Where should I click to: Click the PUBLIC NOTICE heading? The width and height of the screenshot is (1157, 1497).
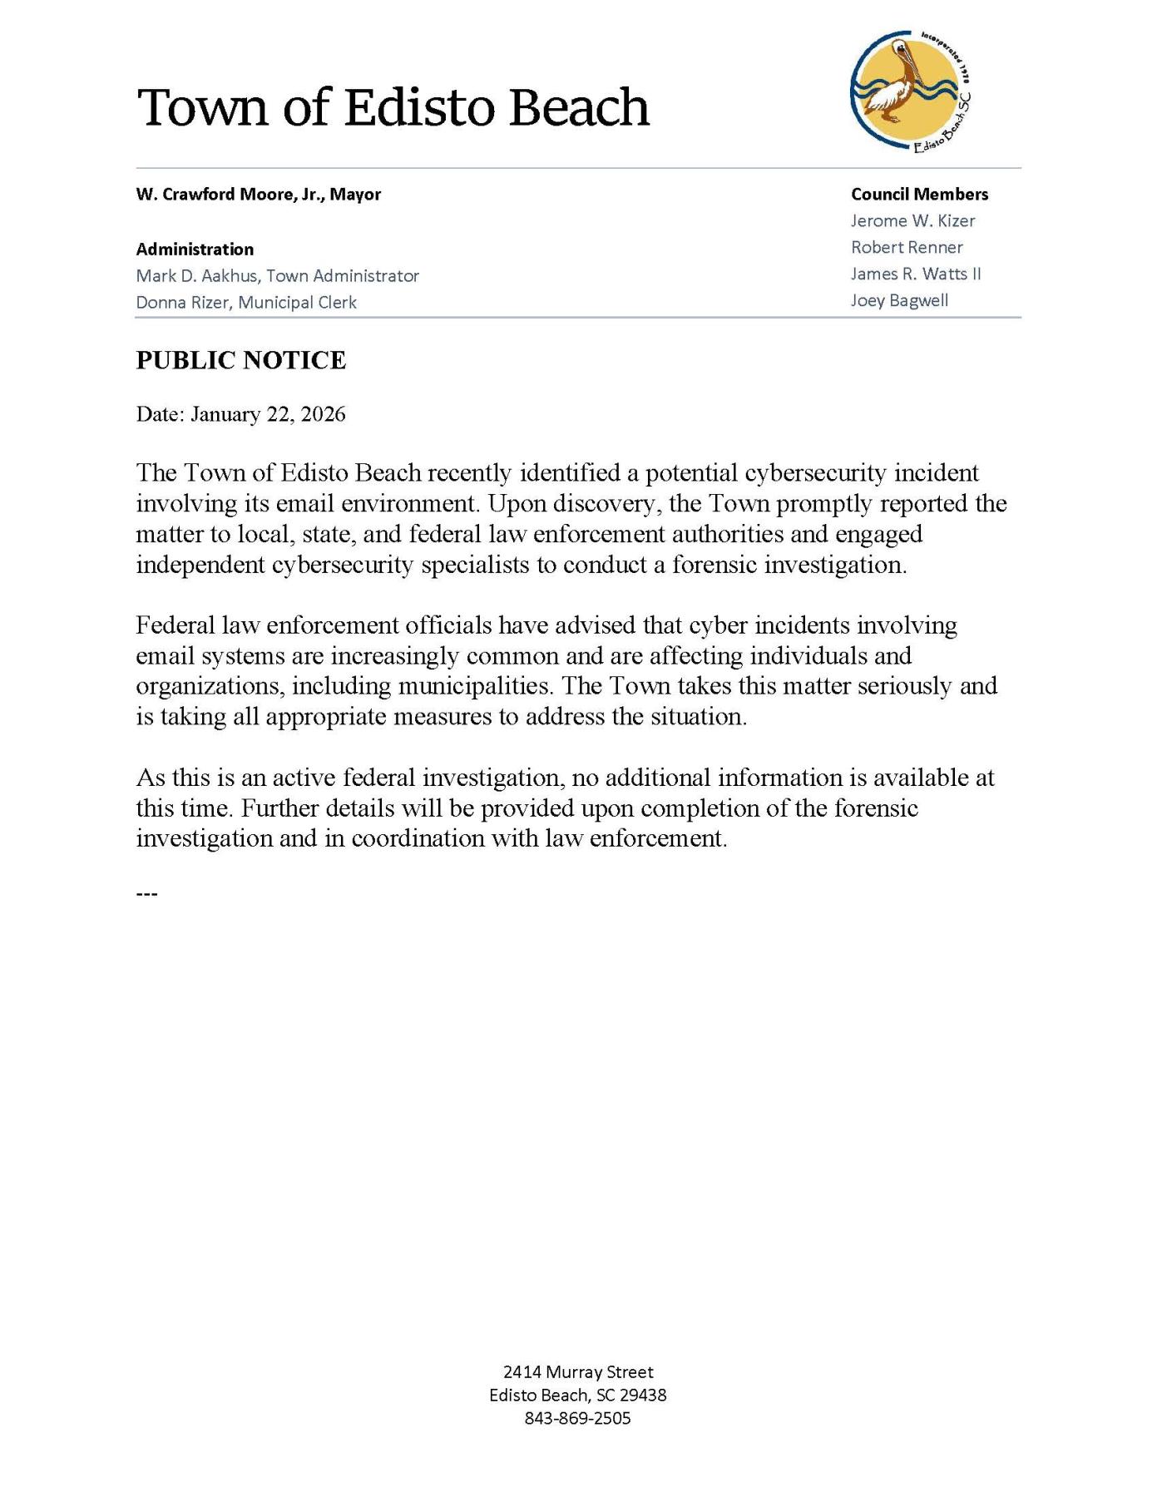click(241, 360)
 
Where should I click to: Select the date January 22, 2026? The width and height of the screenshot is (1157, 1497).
click(268, 414)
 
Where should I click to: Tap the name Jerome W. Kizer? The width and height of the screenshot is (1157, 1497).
click(912, 220)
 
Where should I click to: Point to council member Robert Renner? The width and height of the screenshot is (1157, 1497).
click(906, 247)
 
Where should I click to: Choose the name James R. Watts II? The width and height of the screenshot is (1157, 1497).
click(915, 274)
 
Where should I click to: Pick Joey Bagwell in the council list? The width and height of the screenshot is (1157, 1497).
click(898, 300)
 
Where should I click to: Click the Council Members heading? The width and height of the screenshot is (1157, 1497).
click(919, 194)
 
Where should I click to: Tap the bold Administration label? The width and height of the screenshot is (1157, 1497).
click(195, 249)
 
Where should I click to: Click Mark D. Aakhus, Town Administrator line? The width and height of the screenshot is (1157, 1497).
click(277, 275)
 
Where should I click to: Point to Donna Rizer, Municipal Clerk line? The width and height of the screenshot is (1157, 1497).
click(246, 302)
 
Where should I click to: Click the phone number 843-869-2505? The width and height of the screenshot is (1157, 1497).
click(577, 1418)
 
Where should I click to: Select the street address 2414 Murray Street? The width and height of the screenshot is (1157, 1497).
click(578, 1371)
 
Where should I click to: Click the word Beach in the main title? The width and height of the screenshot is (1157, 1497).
click(579, 107)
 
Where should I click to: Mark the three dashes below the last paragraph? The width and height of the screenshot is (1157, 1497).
click(146, 894)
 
